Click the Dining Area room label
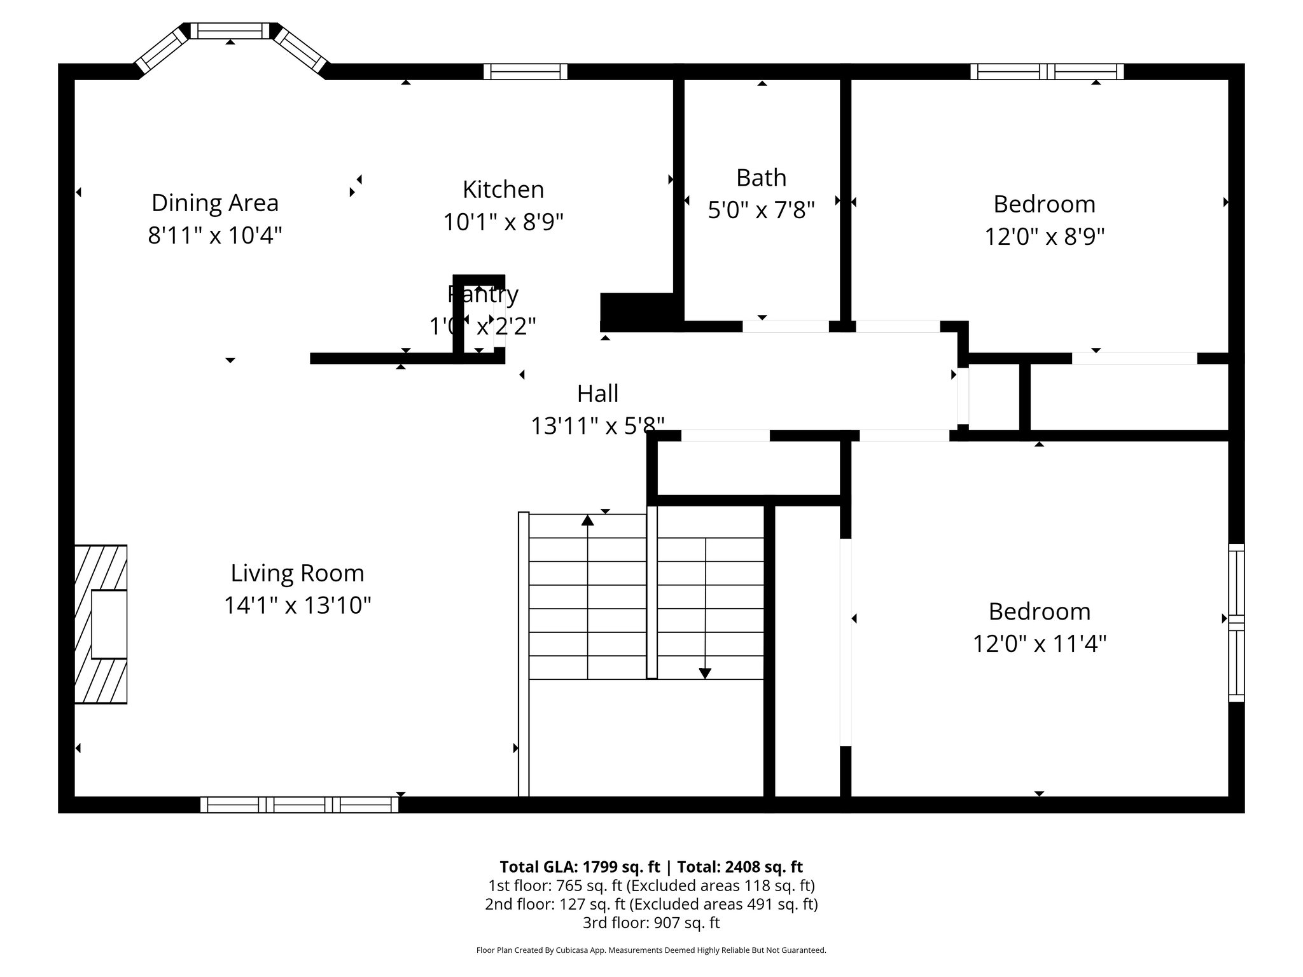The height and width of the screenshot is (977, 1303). click(x=215, y=203)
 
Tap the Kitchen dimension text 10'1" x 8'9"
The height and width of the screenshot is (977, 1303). click(x=503, y=222)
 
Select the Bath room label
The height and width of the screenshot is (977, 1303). click(x=761, y=177)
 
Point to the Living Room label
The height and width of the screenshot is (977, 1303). click(x=297, y=573)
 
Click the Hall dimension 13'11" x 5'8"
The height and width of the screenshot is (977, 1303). click(x=597, y=426)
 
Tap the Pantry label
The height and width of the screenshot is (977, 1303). click(x=483, y=294)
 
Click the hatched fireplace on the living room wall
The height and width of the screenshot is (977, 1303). click(x=101, y=624)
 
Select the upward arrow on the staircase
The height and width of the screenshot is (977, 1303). click(x=587, y=520)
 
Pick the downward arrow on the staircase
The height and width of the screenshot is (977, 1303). click(x=705, y=672)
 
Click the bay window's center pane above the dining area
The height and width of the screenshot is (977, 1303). click(x=230, y=31)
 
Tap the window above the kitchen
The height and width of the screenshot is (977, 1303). click(x=525, y=71)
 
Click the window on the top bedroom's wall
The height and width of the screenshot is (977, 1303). click(x=1047, y=71)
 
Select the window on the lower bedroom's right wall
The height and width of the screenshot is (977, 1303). click(x=1236, y=622)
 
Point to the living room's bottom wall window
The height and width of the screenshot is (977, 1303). click(x=299, y=805)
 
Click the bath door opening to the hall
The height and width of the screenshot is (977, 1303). click(x=786, y=326)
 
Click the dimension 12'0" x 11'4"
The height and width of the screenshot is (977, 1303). click(x=1039, y=644)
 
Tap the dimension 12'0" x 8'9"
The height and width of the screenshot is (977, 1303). click(x=1044, y=237)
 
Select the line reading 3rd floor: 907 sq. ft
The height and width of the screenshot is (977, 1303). click(x=651, y=922)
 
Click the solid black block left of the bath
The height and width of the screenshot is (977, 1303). click(x=637, y=311)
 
